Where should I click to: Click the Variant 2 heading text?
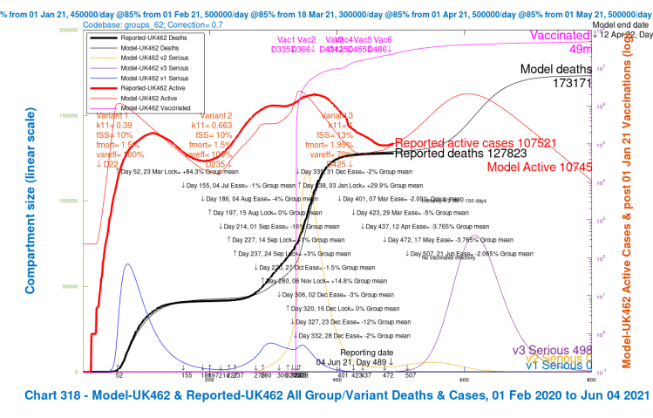tap(216, 116)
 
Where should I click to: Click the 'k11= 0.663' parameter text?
tap(216, 127)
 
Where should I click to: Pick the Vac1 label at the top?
tap(285, 40)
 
